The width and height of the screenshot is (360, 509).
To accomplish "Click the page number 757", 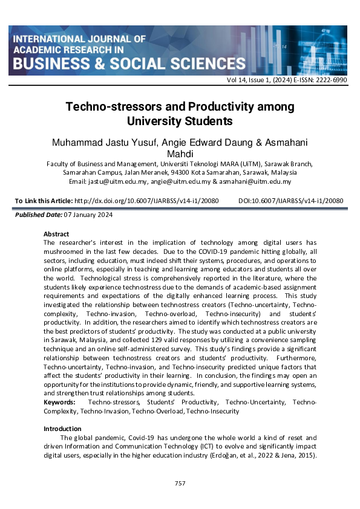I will click(180, 483).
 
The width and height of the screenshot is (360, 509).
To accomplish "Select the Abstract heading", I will click(56, 234).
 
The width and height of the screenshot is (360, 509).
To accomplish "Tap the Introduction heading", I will click(62, 429).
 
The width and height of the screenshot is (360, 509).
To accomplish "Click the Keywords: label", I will click(59, 402).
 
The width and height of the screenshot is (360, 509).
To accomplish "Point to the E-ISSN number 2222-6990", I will click(330, 80).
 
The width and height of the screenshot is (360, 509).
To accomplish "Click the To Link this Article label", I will click(42, 201).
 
